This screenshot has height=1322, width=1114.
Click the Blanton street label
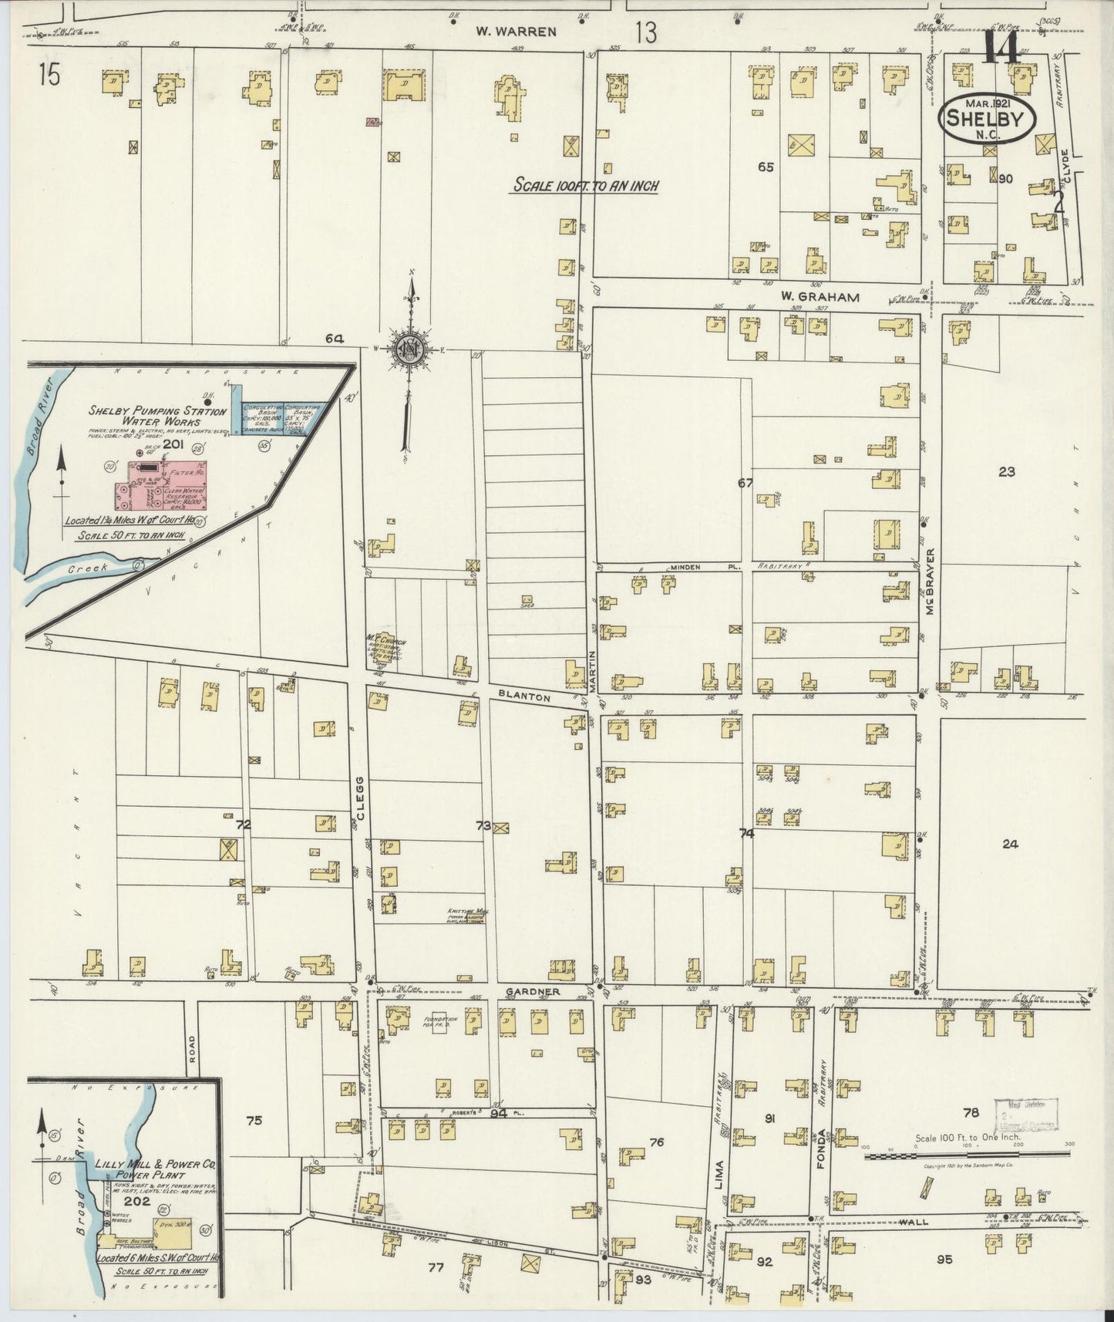524,696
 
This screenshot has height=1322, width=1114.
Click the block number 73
483,825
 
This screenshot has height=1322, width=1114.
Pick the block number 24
1010,844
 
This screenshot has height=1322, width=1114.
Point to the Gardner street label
529,991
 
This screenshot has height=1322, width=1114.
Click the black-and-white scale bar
967,1156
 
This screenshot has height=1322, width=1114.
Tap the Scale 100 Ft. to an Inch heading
586,186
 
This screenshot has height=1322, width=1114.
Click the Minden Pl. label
685,567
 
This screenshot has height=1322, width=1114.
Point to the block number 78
971,1112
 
